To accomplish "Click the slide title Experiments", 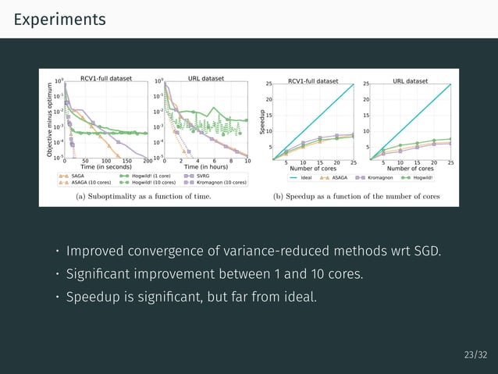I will point(59,18).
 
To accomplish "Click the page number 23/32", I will point(475,355).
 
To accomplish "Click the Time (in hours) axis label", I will point(206,166).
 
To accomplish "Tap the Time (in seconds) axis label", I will point(106,166).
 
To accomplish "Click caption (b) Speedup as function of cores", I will point(357,197).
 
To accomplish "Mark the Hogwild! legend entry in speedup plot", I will point(424,177).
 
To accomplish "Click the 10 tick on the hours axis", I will point(247,160).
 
